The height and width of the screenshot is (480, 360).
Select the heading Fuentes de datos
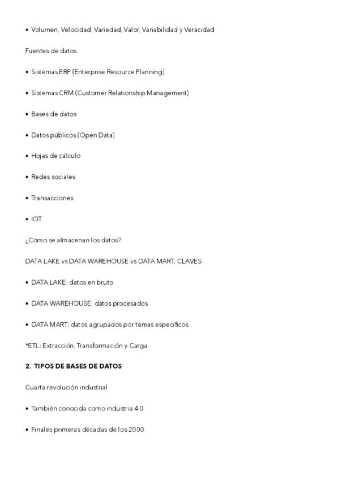[x=51, y=51]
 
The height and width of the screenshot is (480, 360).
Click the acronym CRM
[x=66, y=93]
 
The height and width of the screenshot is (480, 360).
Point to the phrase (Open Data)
[x=96, y=135]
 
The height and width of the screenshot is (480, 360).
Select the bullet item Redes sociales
[x=53, y=177]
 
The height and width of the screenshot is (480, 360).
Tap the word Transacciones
[x=52, y=198]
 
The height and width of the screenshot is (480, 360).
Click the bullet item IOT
[x=36, y=219]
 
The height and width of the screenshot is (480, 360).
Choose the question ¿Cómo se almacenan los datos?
[x=73, y=240]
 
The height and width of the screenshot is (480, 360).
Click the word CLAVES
[x=189, y=262]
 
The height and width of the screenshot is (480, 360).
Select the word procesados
[x=130, y=303]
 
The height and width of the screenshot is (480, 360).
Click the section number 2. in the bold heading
[x=28, y=366]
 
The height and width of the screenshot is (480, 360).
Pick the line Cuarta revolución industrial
[x=66, y=388]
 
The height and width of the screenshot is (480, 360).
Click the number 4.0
[x=139, y=409]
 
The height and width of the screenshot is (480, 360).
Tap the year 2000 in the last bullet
[x=136, y=430]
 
